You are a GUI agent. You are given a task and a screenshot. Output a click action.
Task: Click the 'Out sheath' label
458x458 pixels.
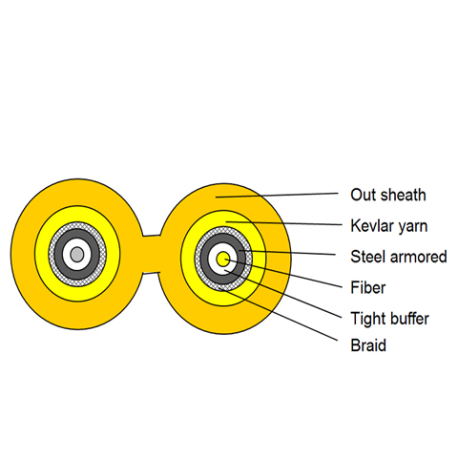(388, 195)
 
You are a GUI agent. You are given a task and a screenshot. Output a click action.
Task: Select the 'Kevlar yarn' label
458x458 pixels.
(388, 226)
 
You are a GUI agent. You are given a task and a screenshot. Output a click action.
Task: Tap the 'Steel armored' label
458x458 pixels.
(399, 257)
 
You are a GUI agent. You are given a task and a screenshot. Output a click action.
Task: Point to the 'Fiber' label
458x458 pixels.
(367, 287)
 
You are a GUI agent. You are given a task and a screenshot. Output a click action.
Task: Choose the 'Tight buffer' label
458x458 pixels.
(389, 319)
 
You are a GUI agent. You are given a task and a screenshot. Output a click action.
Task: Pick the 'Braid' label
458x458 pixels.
(368, 345)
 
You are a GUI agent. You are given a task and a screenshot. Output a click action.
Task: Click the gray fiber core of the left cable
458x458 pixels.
(77, 255)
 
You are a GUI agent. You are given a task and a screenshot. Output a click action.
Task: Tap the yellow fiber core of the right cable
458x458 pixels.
(223, 260)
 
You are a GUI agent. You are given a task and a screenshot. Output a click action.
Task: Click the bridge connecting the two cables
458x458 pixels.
(151, 255)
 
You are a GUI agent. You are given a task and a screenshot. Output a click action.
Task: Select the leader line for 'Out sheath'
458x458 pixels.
(277, 195)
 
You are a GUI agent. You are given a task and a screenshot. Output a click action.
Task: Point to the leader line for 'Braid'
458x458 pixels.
(279, 315)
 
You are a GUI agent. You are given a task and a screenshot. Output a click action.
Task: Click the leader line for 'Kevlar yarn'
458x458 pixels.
(284, 223)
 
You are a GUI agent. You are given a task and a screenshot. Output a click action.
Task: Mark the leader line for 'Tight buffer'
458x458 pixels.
(282, 294)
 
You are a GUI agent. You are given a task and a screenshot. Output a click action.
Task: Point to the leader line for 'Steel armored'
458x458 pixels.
(287, 253)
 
